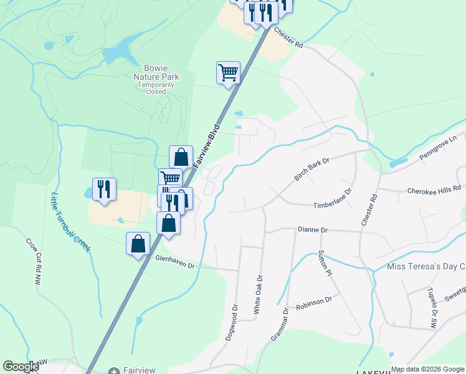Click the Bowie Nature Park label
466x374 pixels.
pyautogui.click(x=156, y=72)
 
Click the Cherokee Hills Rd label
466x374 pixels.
pyautogui.click(x=434, y=189)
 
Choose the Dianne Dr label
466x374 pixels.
pyautogui.click(x=312, y=230)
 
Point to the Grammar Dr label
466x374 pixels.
pyautogui.click(x=279, y=325)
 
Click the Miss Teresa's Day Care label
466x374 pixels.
pyautogui.click(x=426, y=267)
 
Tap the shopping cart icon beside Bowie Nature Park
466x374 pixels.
pyautogui.click(x=228, y=72)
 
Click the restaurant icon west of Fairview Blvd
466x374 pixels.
pyautogui.click(x=103, y=189)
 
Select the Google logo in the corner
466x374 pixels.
pyautogui.click(x=21, y=367)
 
